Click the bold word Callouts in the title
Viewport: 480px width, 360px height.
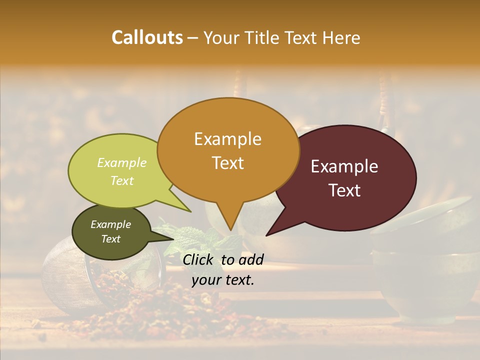coord(147,37)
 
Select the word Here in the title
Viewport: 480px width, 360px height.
coord(341,38)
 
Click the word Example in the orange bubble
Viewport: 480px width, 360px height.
coord(227,139)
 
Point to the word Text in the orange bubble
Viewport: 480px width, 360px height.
coord(228,163)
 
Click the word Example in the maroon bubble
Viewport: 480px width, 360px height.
coord(344,166)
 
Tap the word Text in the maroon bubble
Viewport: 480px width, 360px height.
coord(345,190)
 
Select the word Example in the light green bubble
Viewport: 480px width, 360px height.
coord(121,163)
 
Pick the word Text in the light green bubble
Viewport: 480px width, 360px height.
coord(122,180)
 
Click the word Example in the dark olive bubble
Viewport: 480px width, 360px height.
coord(110,224)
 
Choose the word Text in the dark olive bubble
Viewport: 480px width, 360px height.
coord(111,239)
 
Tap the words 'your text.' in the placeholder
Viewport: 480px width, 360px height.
coord(223,280)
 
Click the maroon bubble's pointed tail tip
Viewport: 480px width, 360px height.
coord(266,235)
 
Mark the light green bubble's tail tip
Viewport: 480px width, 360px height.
coord(190,211)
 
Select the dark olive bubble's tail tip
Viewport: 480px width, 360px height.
coord(174,240)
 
